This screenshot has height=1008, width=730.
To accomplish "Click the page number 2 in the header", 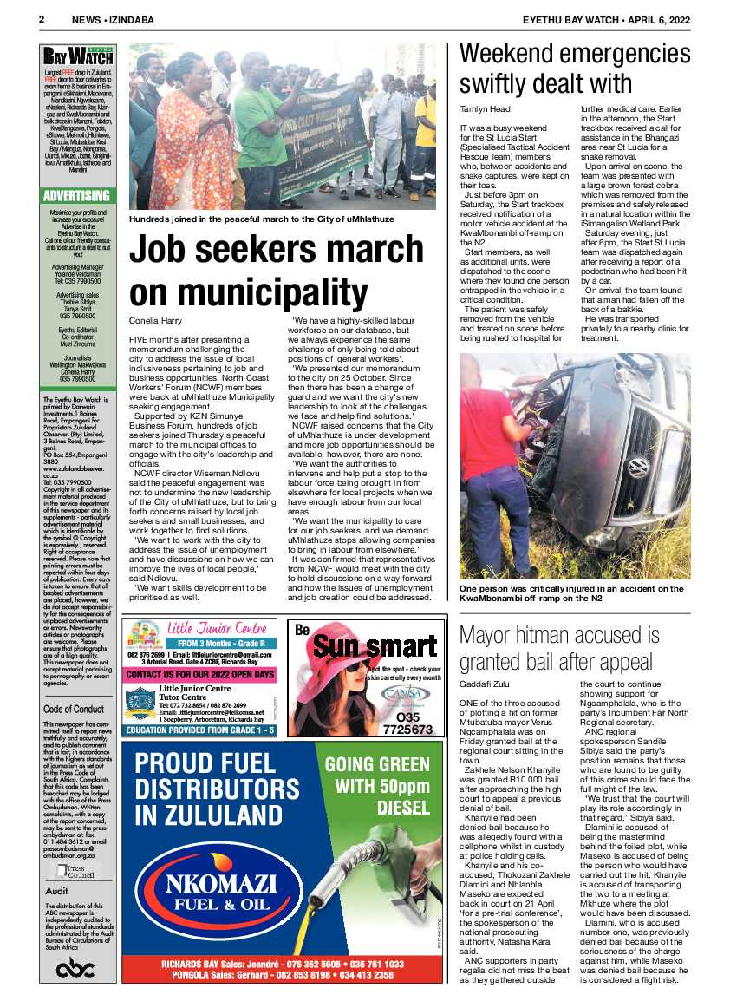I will click(x=41, y=18).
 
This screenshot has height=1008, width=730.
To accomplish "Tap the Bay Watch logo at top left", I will click(x=78, y=57).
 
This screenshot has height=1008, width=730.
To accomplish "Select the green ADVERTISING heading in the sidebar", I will click(x=77, y=195).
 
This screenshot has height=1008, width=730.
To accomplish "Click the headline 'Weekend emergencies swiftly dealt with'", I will click(x=576, y=68).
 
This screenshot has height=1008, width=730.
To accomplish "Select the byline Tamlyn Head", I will click(x=485, y=109).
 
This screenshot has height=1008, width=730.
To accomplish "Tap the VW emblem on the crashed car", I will click(x=637, y=469).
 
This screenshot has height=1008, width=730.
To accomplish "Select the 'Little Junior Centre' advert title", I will click(x=217, y=628).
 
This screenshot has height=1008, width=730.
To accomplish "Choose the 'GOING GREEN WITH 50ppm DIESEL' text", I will click(x=377, y=784).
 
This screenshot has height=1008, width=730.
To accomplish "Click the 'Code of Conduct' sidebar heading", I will click(x=75, y=709).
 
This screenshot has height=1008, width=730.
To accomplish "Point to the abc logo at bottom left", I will click(x=75, y=968).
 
